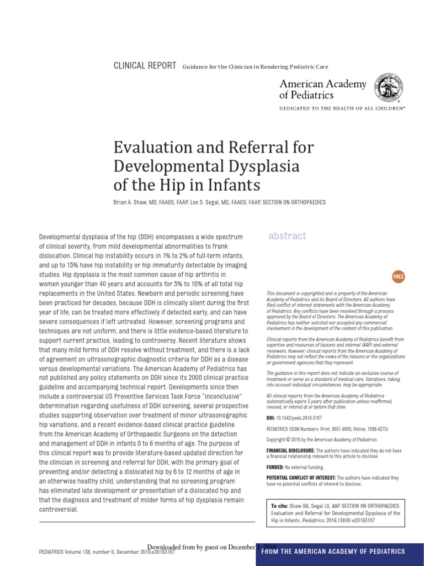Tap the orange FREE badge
(x=397, y=276)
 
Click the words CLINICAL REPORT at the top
(x=145, y=66)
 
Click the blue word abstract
(x=287, y=236)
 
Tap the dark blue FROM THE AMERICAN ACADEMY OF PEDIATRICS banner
(x=340, y=551)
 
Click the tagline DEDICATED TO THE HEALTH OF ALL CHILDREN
(x=342, y=109)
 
